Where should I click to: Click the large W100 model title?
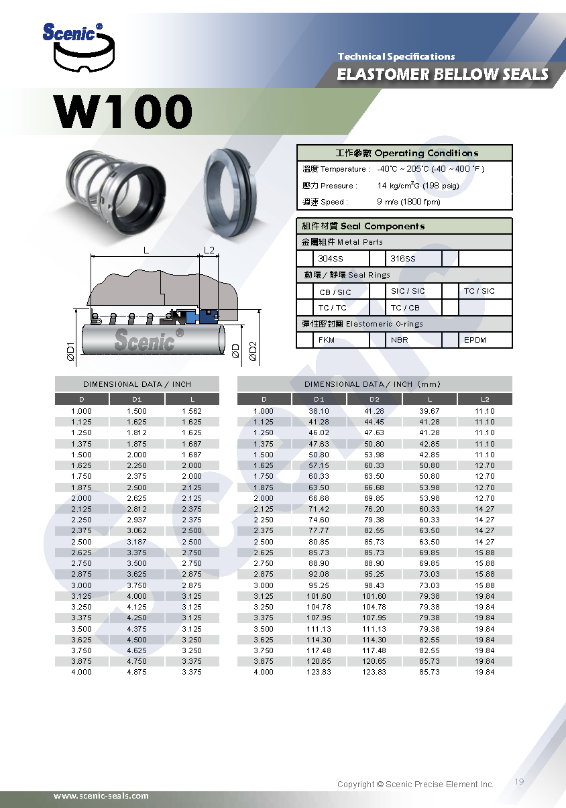[123, 111]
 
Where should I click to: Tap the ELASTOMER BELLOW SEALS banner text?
[442, 74]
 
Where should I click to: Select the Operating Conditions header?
[404, 153]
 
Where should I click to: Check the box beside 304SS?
[305, 259]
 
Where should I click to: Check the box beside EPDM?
[450, 340]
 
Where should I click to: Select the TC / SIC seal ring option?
[479, 291]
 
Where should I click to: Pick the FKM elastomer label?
[327, 340]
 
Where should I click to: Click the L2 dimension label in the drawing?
[210, 251]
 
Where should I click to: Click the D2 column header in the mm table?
[374, 399]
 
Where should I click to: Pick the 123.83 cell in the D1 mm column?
[319, 672]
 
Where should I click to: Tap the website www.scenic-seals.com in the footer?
[101, 796]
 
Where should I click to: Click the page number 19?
[520, 782]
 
